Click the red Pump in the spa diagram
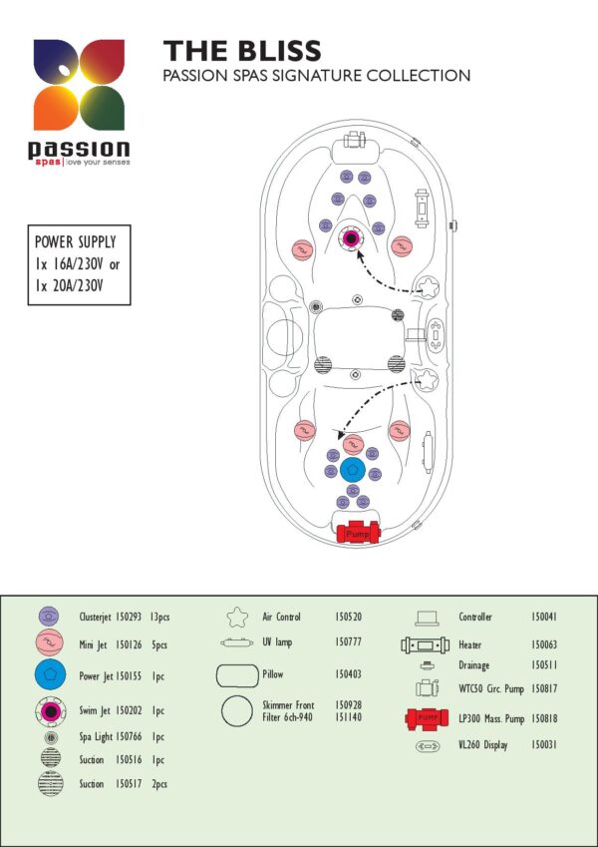358,533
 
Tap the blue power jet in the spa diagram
353,470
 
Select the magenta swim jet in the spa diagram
352,237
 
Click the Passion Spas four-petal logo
79,84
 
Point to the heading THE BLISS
242,51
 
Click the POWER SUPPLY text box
79,264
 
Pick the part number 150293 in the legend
129,617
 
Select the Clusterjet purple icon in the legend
49,616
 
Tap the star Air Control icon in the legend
237,617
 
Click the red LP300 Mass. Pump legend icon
427,718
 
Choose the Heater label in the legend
470,644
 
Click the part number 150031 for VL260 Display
544,745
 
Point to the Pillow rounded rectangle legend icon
237,675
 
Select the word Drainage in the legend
473,665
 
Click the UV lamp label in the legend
277,642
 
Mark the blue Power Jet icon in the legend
50,674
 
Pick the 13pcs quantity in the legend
160,617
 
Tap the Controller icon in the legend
427,618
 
